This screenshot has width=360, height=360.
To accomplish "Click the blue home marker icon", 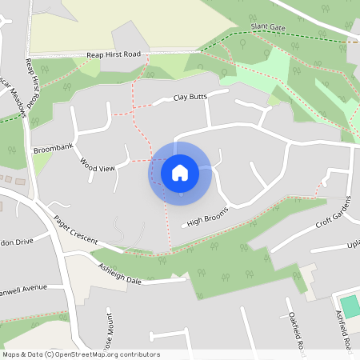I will tap(180, 172).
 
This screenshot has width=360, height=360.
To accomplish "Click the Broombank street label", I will tap(53, 150).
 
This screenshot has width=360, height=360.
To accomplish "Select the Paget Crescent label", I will tap(75, 230).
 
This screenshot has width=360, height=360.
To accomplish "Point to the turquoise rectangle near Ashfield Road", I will tap(350, 304).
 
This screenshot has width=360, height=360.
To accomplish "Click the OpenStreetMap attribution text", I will tap(80, 354).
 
